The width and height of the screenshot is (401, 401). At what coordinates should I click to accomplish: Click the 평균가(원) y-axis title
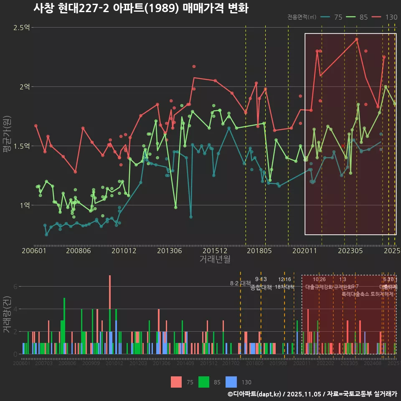click(x=7, y=136)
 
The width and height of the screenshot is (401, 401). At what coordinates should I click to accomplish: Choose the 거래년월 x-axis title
click(x=215, y=259)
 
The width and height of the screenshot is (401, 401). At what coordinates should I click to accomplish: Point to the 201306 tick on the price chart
click(x=169, y=251)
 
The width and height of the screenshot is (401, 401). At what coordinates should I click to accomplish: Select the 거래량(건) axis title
click(x=7, y=315)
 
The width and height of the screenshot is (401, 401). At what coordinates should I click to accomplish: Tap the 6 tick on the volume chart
click(x=15, y=287)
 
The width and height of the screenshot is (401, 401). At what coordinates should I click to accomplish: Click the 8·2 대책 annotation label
click(x=240, y=283)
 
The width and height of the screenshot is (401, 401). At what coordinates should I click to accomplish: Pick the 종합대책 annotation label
click(x=261, y=287)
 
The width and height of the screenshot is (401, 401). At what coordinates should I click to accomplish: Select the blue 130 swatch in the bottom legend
click(x=231, y=382)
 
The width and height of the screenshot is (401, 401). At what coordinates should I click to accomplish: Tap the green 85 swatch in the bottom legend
click(x=203, y=382)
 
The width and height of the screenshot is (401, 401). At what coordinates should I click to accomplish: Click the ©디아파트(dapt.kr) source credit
click(x=255, y=394)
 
